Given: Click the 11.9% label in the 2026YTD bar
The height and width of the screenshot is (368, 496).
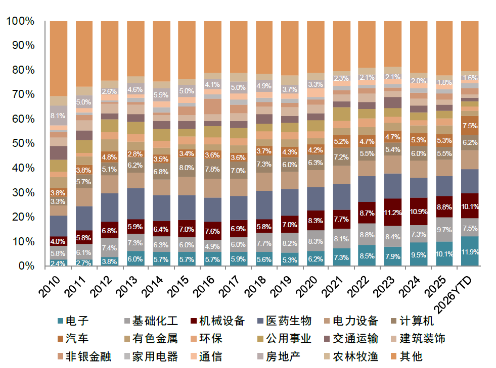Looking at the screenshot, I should tap(471, 252).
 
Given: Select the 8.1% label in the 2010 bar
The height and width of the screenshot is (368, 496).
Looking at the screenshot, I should tap(58, 116).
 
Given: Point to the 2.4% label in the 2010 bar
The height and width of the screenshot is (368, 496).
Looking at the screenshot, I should tap(58, 262).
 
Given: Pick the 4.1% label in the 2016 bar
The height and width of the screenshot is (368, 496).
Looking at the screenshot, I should tap(212, 85).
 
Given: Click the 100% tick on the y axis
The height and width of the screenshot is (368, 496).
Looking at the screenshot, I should tap(21, 21).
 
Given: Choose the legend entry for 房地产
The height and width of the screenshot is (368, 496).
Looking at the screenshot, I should tap(283, 357).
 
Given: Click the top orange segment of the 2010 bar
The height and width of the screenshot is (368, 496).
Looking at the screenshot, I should tap(58, 58).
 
